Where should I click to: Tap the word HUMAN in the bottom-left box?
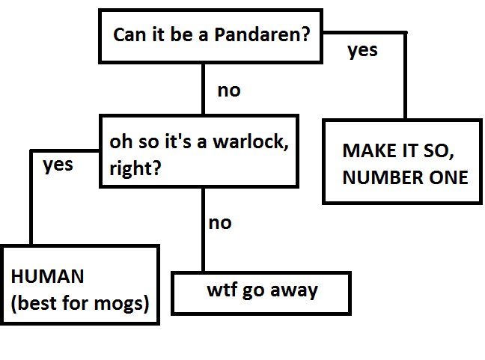[46, 277]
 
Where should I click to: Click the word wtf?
[222, 290]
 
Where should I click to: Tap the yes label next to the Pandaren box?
[363, 51]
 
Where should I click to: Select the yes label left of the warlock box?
[58, 165]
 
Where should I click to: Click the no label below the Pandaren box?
[228, 91]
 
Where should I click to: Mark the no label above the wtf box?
[220, 222]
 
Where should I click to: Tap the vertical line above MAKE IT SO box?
[406, 75]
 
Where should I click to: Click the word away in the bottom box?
[295, 290]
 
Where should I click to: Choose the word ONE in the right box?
[447, 177]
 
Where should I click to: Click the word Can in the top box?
[128, 36]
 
